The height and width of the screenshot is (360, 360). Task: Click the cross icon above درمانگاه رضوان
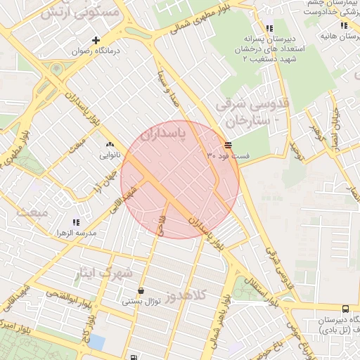[x=96, y=40]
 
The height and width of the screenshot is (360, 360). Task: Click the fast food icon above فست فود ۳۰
[x=227, y=144]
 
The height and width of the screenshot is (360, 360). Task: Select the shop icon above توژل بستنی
[x=141, y=290]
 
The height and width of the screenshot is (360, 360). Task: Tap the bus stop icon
[x=345, y=309]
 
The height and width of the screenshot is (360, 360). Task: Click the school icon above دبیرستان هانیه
[x=345, y=26]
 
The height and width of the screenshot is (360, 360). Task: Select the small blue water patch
[x=96, y=342]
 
